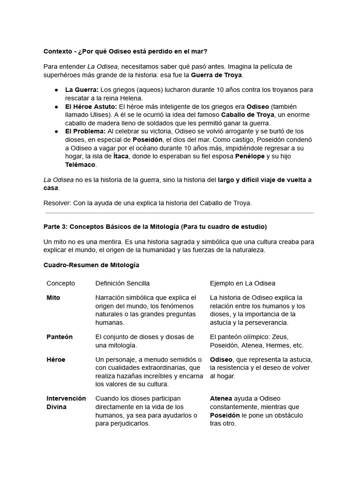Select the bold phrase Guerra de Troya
coord(217,75)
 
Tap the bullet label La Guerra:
coord(82,90)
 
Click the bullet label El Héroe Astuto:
coord(91,106)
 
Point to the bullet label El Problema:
coord(85,131)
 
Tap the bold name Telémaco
coord(80,165)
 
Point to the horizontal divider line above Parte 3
coord(179,213)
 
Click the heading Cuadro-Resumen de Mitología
coord(91,265)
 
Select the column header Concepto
coord(60,283)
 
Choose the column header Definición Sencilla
coord(122,283)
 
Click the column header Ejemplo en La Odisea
coord(242,283)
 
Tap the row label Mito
coord(53,298)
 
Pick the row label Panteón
coord(59,337)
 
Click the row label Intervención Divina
coord(66,403)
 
